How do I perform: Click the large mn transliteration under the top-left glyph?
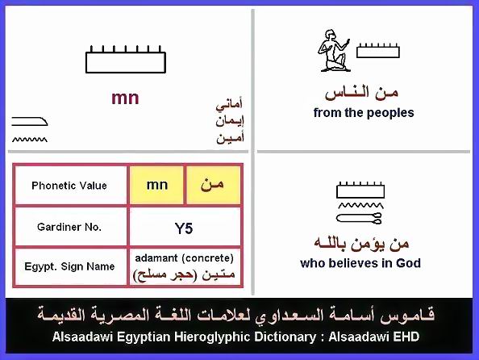125,98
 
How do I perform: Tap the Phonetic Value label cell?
70,186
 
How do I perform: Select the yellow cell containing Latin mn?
156,185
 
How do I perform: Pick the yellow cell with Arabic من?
213,185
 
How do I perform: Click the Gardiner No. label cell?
70,227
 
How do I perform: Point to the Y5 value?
184,228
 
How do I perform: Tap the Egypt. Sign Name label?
69,266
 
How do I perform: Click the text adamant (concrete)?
184,258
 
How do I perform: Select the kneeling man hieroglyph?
334,51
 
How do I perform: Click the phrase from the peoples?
364,112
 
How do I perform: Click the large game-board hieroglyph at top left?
126,60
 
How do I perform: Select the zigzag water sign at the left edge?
30,140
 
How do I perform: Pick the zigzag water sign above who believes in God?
360,205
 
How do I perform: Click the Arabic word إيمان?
230,121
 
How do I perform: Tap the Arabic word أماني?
229,104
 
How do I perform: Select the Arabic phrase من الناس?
362,93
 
